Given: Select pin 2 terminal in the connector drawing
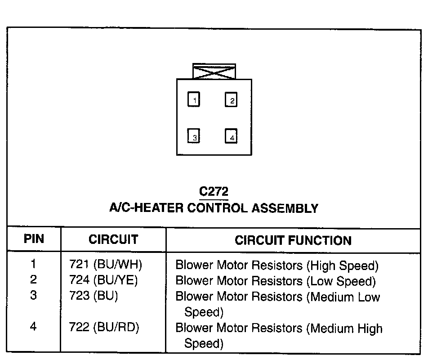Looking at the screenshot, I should click(x=231, y=100).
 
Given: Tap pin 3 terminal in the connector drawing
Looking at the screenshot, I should click(x=194, y=137).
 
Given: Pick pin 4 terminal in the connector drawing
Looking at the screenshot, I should click(x=231, y=137).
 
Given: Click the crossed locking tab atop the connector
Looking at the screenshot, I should click(x=214, y=72).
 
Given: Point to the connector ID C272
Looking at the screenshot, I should click(x=214, y=192).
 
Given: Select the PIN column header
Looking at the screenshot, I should click(x=34, y=239).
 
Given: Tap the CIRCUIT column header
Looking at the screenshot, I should click(x=113, y=239).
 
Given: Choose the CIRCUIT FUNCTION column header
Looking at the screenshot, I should click(x=293, y=240).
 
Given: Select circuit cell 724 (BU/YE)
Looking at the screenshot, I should click(x=103, y=281).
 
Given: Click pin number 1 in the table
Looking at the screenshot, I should click(x=34, y=265).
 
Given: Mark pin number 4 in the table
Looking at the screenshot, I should click(x=34, y=327).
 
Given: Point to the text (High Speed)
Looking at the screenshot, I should click(x=343, y=265).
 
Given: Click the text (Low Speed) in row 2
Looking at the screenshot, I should click(x=341, y=281).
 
